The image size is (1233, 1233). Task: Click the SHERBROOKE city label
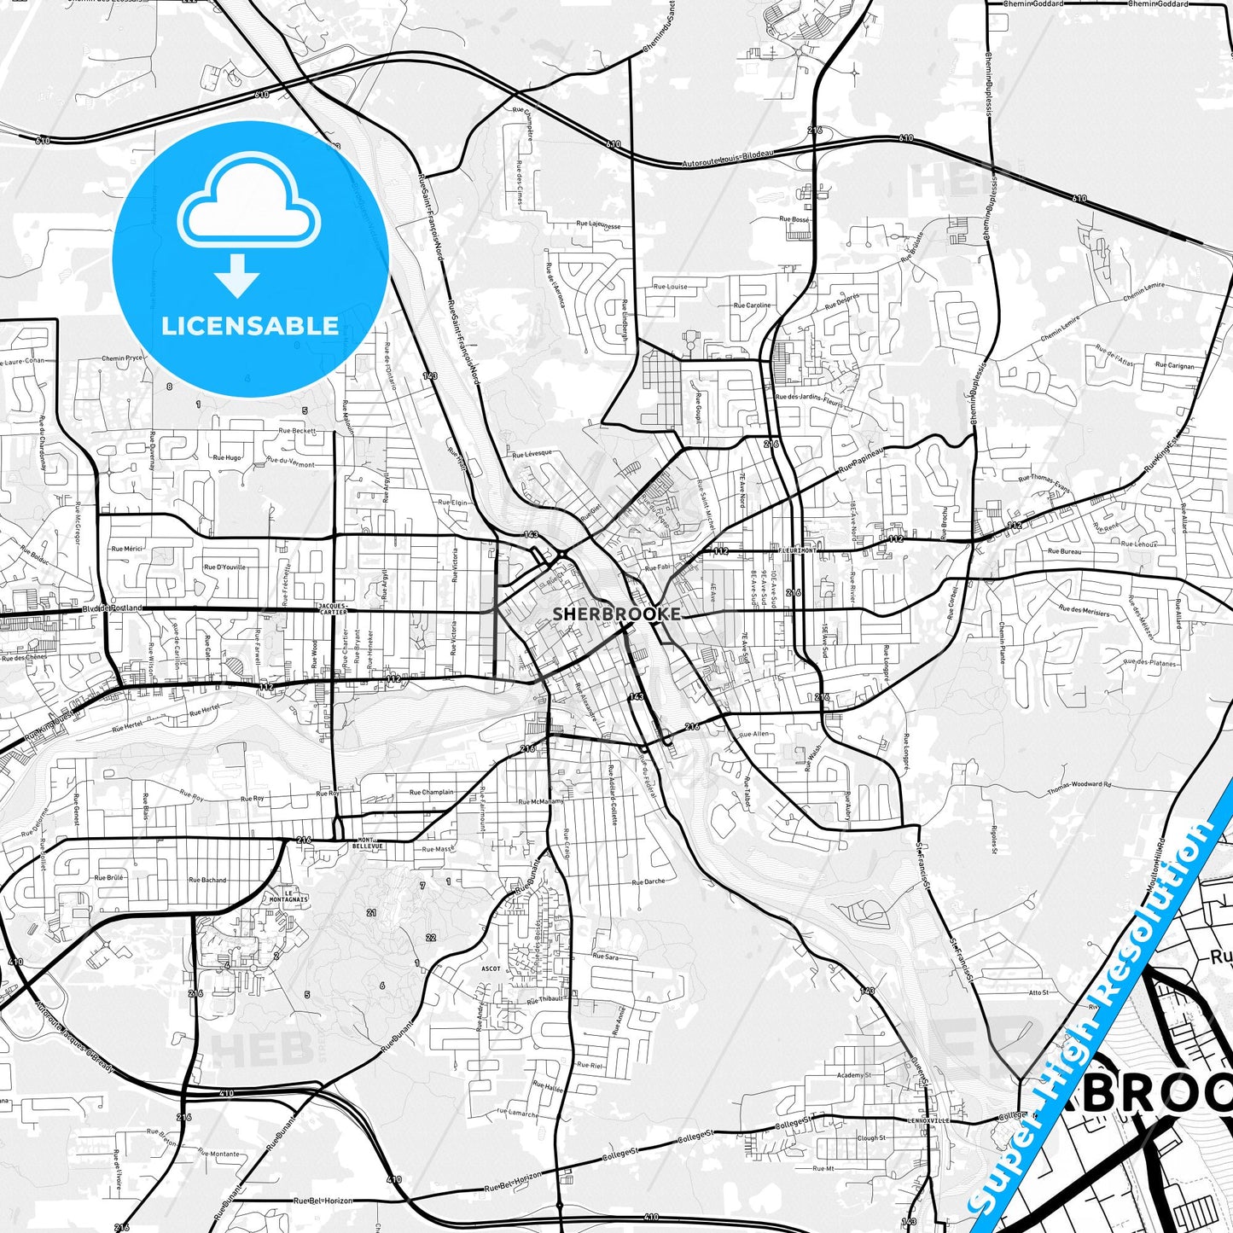pyautogui.click(x=616, y=614)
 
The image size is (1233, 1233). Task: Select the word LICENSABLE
pyautogui.click(x=250, y=326)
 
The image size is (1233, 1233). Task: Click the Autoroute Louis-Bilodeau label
pyautogui.click(x=727, y=159)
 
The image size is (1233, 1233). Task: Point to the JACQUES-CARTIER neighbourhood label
pyautogui.click(x=332, y=608)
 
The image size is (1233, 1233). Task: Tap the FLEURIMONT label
pyautogui.click(x=798, y=551)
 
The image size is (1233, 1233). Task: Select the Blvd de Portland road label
pyautogui.click(x=112, y=608)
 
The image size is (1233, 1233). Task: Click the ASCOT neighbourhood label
pyautogui.click(x=491, y=968)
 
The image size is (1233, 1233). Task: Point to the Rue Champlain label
pyautogui.click(x=431, y=792)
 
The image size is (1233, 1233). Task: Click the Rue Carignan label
pyautogui.click(x=1175, y=365)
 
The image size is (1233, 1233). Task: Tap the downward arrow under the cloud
pyautogui.click(x=237, y=275)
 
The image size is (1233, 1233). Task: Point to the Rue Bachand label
pyautogui.click(x=207, y=880)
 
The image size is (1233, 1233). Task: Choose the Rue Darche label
pyautogui.click(x=648, y=882)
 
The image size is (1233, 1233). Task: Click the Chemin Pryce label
pyautogui.click(x=122, y=358)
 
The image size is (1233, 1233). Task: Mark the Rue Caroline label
pyautogui.click(x=752, y=305)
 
